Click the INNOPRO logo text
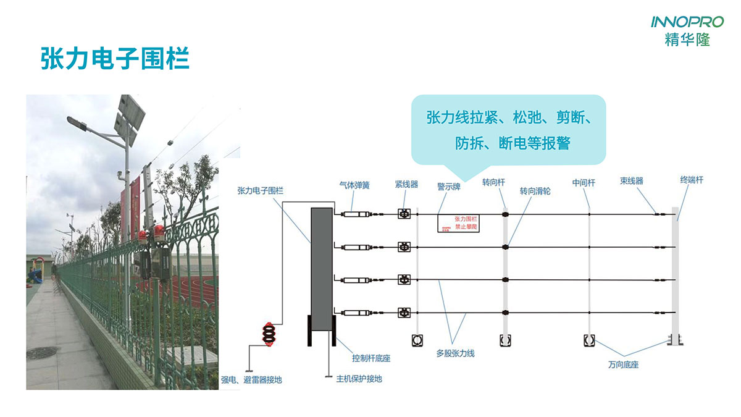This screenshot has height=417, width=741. coord(687,22)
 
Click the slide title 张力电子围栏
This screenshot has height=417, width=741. coord(114,60)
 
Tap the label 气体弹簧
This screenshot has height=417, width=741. coord(354,185)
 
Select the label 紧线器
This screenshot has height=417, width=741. coord(406,184)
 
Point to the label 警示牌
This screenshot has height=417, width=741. coord(449,187)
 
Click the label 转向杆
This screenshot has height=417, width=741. coord(493,183)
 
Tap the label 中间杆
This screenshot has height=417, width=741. coord(584,183)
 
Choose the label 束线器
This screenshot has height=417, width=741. coord(632,181)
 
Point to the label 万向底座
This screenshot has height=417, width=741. coord(623,365)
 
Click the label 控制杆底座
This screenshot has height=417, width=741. coord(371,358)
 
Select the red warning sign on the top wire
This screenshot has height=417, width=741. coord(459,223)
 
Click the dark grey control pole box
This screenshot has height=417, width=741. coord(321,261)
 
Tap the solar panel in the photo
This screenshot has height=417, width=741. coord(130,116)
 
